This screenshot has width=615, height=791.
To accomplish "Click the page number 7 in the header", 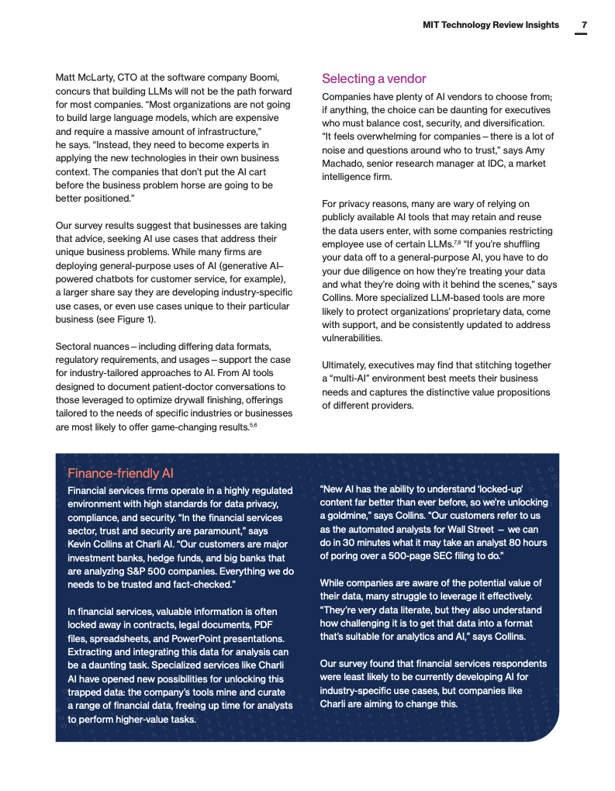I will [x=584, y=25].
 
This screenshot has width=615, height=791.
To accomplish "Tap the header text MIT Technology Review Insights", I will [x=490, y=25].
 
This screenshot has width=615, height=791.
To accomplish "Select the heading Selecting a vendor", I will [x=374, y=79].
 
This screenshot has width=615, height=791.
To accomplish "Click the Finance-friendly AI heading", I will [x=120, y=473].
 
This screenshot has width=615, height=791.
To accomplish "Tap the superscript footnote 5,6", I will [x=253, y=424].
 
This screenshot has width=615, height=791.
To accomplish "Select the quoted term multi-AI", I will [x=348, y=378].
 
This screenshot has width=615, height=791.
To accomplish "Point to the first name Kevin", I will [x=81, y=544].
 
